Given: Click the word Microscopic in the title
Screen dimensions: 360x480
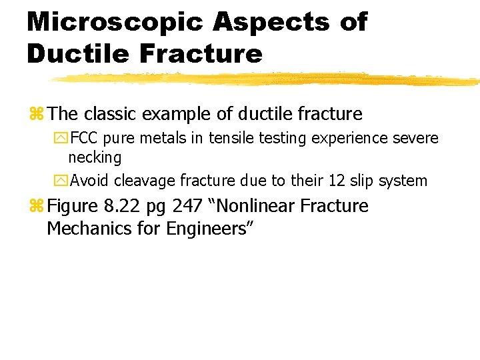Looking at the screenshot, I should click(x=115, y=23).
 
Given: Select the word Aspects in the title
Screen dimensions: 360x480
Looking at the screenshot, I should click(x=271, y=23).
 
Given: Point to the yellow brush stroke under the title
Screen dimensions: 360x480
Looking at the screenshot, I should click(x=267, y=79).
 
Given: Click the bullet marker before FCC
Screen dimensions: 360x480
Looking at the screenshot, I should click(x=62, y=139).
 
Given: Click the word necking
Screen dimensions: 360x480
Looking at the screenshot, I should click(x=95, y=158).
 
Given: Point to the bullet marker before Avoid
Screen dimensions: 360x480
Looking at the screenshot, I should click(x=62, y=181).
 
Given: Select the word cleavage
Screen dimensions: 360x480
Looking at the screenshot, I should click(x=142, y=181).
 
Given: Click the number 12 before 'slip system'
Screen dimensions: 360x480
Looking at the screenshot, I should click(x=334, y=180).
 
